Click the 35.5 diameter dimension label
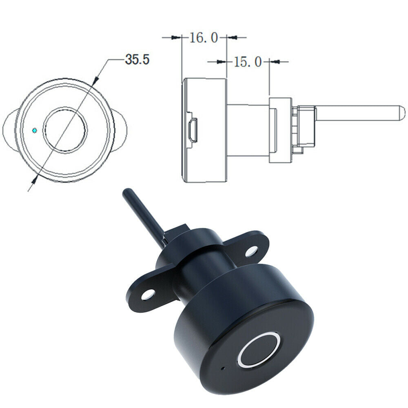(x=137, y=59)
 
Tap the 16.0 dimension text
(x=203, y=38)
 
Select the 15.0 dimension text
(x=248, y=62)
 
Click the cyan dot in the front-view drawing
(x=34, y=130)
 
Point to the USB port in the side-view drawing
(x=193, y=130)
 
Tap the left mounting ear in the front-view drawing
(x=10, y=130)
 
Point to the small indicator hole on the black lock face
(x=223, y=368)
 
